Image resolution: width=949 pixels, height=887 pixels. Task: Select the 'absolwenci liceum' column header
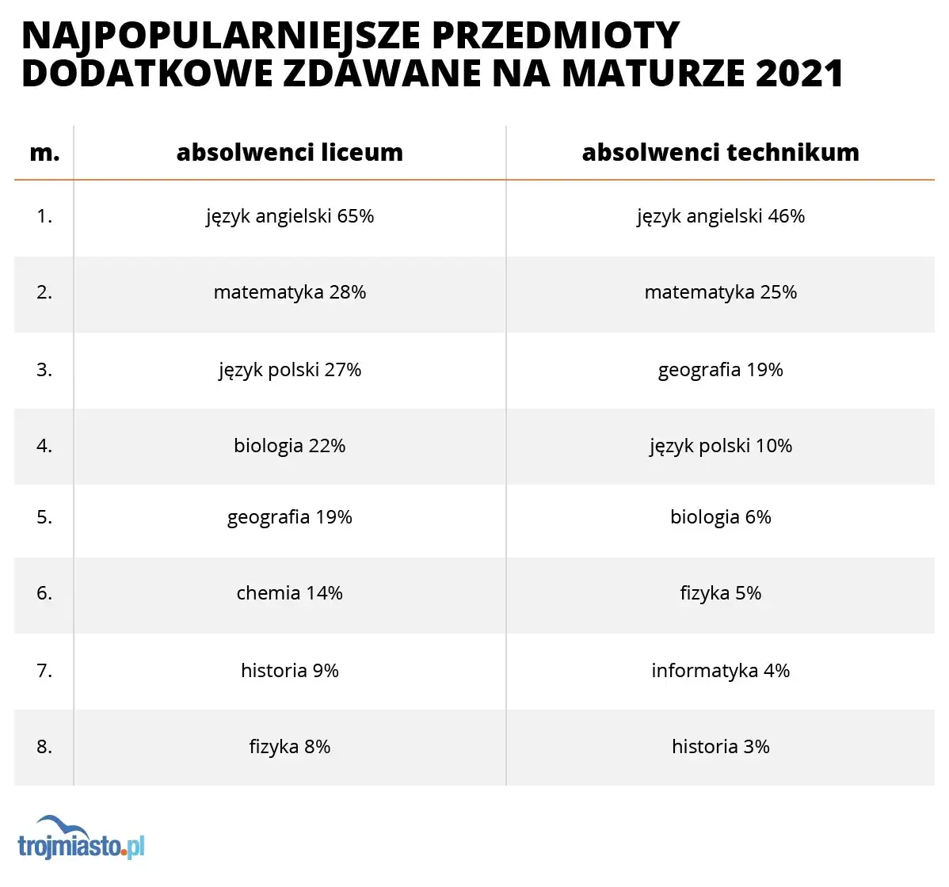pyautogui.click(x=289, y=152)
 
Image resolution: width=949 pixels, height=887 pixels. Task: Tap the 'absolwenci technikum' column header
pyautogui.click(x=720, y=152)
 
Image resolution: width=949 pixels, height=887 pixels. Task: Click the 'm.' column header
pyautogui.click(x=44, y=153)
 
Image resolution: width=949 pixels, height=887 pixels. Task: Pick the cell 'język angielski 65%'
pyautogui.click(x=289, y=216)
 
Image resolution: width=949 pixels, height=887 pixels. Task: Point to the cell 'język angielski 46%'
pyautogui.click(x=720, y=216)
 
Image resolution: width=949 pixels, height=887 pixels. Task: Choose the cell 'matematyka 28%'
pyautogui.click(x=289, y=292)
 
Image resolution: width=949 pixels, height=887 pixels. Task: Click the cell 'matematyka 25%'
pyautogui.click(x=720, y=292)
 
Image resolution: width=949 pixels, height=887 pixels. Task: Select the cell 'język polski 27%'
pyautogui.click(x=289, y=370)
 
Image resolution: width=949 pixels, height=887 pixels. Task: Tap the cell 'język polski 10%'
pyautogui.click(x=720, y=446)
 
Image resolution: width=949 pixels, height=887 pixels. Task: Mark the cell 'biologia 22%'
pyautogui.click(x=289, y=446)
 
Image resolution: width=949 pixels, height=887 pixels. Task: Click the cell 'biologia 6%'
pyautogui.click(x=720, y=517)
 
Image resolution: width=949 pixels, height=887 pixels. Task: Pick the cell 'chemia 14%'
pyautogui.click(x=289, y=593)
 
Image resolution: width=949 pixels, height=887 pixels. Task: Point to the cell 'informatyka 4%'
pyautogui.click(x=720, y=671)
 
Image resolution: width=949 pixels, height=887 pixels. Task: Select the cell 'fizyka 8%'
pyautogui.click(x=289, y=747)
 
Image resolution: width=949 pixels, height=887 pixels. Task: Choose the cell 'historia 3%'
pyautogui.click(x=720, y=747)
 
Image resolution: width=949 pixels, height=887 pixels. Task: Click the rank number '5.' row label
pyautogui.click(x=44, y=517)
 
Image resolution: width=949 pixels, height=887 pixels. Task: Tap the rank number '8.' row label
pyautogui.click(x=44, y=747)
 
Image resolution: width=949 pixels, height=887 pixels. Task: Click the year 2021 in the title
pyautogui.click(x=799, y=74)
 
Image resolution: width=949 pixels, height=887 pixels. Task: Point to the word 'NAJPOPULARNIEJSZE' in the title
pyautogui.click(x=215, y=36)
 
